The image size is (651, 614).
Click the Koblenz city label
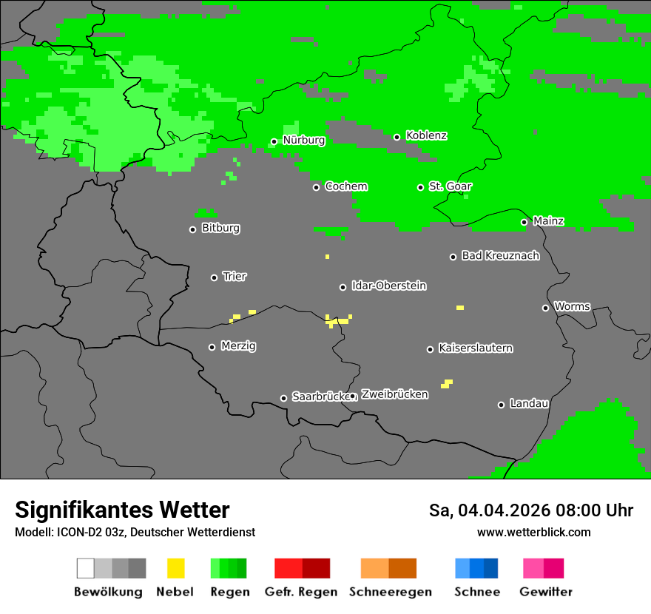(426, 136)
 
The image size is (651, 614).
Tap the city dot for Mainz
(524, 222)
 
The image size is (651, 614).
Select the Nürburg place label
(303, 141)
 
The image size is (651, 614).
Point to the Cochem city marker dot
(316, 187)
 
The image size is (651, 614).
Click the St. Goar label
(450, 186)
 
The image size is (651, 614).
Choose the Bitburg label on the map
(220, 229)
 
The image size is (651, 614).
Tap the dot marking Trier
(214, 277)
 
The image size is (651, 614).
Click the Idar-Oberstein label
(388, 286)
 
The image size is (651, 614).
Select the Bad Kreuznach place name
(500, 256)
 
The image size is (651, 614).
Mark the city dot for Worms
(545, 308)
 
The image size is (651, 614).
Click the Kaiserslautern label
(475, 348)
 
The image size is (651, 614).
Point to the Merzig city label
(238, 346)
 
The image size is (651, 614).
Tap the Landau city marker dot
(501, 405)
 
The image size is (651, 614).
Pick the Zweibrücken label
(394, 395)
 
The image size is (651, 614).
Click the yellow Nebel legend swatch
(175, 568)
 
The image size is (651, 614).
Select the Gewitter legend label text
(545, 592)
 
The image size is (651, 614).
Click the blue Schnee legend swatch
(476, 568)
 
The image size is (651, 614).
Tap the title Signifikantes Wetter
(122, 510)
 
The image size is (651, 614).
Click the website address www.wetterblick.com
(533, 533)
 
